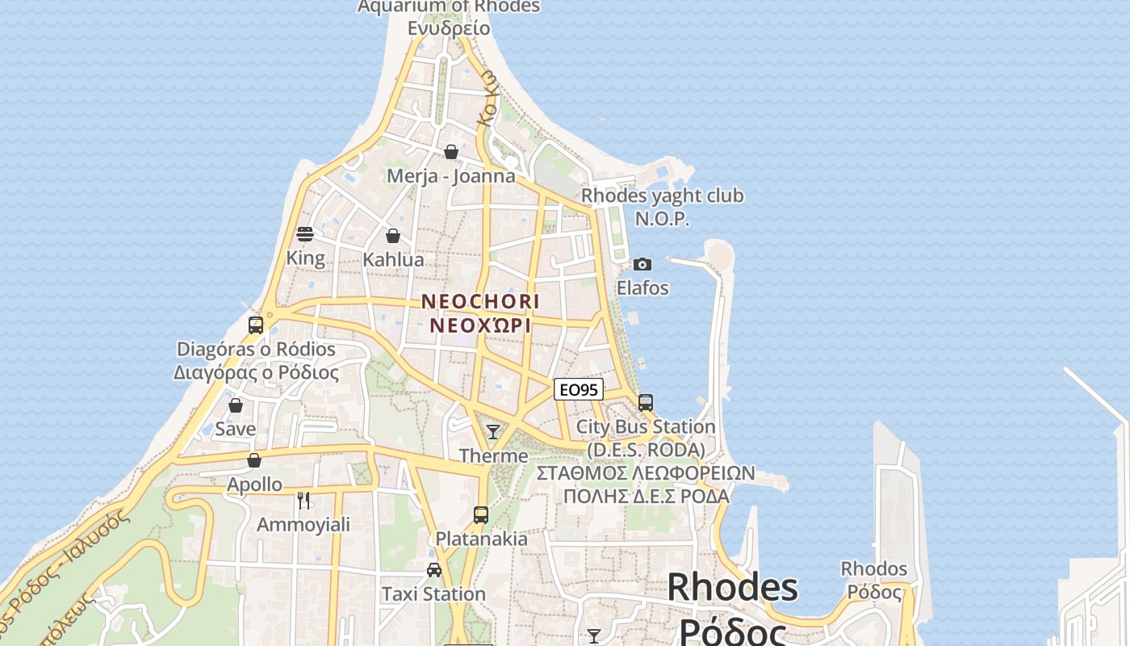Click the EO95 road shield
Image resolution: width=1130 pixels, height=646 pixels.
tap(579, 389)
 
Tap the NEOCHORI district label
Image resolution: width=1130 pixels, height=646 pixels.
tap(480, 301)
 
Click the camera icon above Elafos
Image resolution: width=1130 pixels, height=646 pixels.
tap(642, 264)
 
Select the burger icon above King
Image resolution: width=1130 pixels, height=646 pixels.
tap(305, 234)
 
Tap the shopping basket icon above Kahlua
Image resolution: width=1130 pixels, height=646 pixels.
tap(393, 236)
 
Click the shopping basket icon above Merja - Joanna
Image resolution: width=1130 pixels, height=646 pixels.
tap(451, 152)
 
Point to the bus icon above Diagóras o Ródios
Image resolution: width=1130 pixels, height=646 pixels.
tap(256, 325)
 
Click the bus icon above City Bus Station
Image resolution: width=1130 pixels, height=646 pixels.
tap(645, 402)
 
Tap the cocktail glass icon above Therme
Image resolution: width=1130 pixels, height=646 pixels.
tap(493, 432)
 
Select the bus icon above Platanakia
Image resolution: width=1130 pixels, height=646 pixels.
tap(481, 514)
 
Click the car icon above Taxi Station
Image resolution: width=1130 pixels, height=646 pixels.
tap(434, 570)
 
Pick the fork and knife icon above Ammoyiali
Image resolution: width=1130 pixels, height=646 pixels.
tap(303, 501)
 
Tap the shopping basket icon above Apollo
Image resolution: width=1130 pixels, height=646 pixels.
tap(254, 460)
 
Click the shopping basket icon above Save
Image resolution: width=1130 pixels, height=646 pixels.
tap(236, 405)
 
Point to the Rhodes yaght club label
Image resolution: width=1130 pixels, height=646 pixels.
tap(663, 195)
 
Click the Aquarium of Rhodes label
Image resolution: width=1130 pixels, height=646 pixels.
tap(449, 7)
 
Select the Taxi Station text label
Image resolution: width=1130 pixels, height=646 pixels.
tap(433, 594)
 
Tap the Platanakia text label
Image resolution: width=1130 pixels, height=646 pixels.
tap(482, 539)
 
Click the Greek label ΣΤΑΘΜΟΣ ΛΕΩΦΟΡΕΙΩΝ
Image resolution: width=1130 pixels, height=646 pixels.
tap(646, 472)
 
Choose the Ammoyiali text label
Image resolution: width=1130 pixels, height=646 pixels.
tap(303, 525)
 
